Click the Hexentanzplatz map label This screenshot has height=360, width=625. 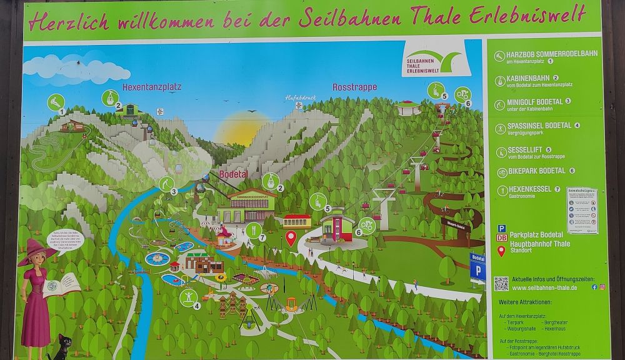click(x=151, y=87)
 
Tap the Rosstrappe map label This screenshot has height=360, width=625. click(x=354, y=87)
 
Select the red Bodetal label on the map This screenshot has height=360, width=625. click(x=234, y=174)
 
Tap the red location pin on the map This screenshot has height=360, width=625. click(x=291, y=237)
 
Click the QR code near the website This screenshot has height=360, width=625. click(x=501, y=284)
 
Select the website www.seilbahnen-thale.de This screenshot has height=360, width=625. click(x=544, y=287)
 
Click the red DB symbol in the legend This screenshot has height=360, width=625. click(x=501, y=238)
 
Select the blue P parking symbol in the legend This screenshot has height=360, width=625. click(x=501, y=229)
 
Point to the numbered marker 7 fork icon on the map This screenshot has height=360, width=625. click(x=254, y=231)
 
